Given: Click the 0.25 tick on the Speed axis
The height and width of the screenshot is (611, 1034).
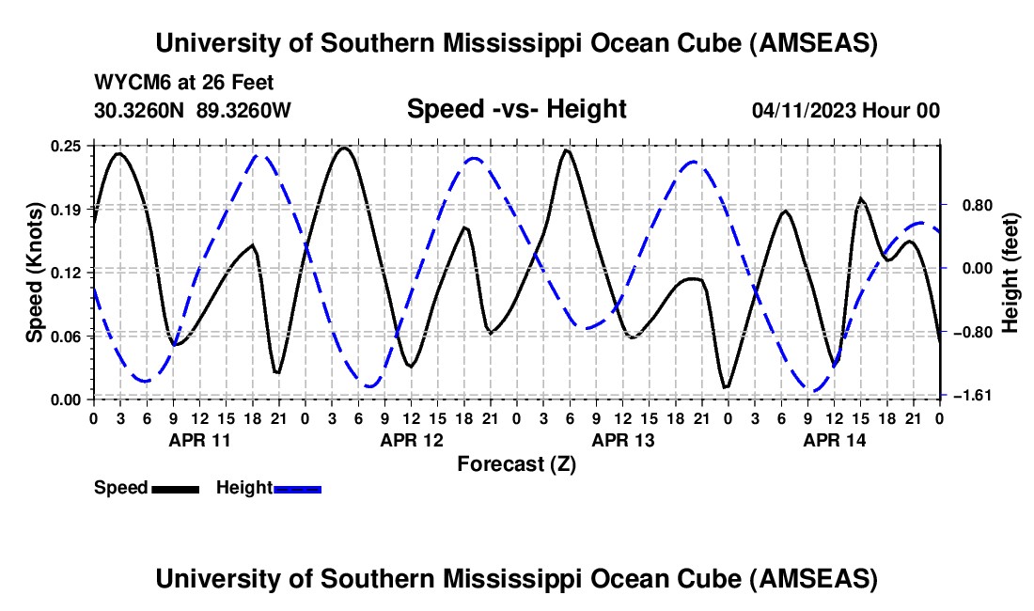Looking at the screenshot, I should pos(68,146).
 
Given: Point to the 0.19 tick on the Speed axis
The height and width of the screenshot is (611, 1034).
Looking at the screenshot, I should pos(68,208).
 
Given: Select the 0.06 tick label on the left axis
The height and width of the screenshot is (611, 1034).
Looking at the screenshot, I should pos(68,336).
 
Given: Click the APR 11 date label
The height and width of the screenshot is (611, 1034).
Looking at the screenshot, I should pos(198,439).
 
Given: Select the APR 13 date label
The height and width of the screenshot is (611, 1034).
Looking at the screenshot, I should pos(621,439).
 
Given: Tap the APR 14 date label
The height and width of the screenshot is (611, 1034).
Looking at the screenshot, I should pos(834,439).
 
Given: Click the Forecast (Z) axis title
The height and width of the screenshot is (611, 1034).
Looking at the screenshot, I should pos(516,463).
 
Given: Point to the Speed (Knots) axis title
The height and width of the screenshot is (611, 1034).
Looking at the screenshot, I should pos(35,273).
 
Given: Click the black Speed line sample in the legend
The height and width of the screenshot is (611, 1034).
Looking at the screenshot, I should pos(174,489).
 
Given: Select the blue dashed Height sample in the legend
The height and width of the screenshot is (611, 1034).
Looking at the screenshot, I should pos(297,489).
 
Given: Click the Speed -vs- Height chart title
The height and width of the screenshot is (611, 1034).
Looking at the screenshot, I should pos(516,109).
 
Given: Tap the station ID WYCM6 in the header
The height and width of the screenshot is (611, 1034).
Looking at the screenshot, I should pos(126,83).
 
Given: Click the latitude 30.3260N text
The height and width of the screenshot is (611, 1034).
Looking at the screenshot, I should pos(140,110).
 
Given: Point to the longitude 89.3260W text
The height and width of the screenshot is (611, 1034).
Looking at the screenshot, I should pos(244,110).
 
